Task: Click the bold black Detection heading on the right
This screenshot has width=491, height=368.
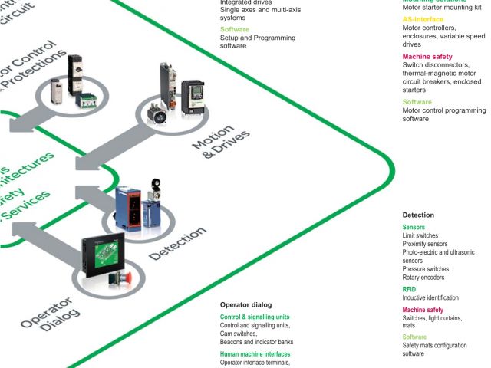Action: point(418,215)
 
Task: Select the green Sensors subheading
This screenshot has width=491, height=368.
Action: point(414,228)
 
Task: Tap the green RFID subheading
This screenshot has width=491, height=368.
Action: point(409,289)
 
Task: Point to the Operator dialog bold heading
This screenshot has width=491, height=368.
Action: point(245,304)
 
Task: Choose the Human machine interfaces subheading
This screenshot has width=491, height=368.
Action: point(255,354)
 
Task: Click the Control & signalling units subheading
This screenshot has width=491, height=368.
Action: point(255,317)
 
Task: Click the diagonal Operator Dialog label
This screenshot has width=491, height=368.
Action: point(47,314)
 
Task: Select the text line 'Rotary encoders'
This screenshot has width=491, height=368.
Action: point(424,278)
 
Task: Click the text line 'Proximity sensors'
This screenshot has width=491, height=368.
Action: point(426,244)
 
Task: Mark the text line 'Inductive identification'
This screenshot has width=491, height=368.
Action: point(430,297)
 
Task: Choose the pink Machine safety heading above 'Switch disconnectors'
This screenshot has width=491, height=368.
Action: point(427,57)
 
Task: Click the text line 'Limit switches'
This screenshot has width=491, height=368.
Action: point(421,235)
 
